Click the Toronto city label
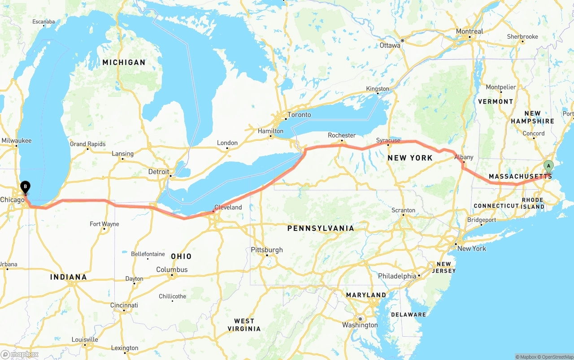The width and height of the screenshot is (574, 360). [299, 115]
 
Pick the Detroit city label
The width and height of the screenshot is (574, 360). [159, 172]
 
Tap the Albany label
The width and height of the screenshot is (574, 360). [464, 157]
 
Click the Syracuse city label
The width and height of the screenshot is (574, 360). [388, 140]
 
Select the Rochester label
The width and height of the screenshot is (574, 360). [342, 135]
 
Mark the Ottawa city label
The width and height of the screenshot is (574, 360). [390, 45]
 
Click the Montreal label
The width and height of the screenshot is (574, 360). [470, 31]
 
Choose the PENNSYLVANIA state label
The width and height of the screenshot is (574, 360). [321, 229]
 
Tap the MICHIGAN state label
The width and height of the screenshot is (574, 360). [124, 62]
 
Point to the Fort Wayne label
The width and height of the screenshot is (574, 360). [104, 224]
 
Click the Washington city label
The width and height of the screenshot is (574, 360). [360, 325]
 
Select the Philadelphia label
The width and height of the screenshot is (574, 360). [397, 276]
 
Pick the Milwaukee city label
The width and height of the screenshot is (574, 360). [17, 141]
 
